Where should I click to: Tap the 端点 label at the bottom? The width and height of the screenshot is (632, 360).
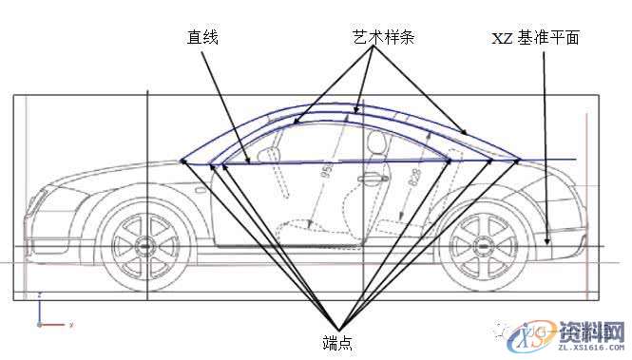(x=337, y=341)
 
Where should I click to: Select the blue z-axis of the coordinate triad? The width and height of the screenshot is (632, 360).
(x=38, y=310)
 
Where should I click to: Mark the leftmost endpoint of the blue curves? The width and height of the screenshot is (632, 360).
(x=182, y=162)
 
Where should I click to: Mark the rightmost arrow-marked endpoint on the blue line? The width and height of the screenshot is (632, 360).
(x=519, y=160)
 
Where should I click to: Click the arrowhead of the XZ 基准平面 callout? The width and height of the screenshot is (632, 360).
(x=548, y=241)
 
